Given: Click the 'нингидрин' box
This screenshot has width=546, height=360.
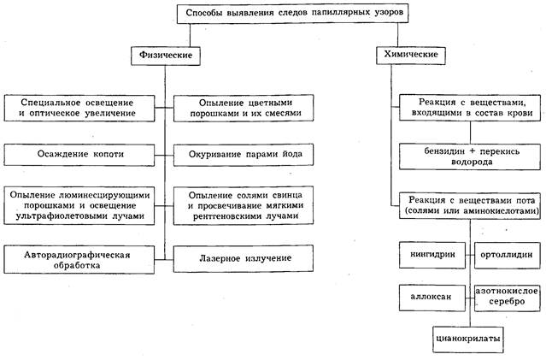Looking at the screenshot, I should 431,255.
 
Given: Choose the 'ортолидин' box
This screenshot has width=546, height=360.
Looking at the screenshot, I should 507,255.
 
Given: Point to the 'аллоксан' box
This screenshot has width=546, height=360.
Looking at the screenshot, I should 431,297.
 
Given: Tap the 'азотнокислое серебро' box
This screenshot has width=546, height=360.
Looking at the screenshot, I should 507,297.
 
